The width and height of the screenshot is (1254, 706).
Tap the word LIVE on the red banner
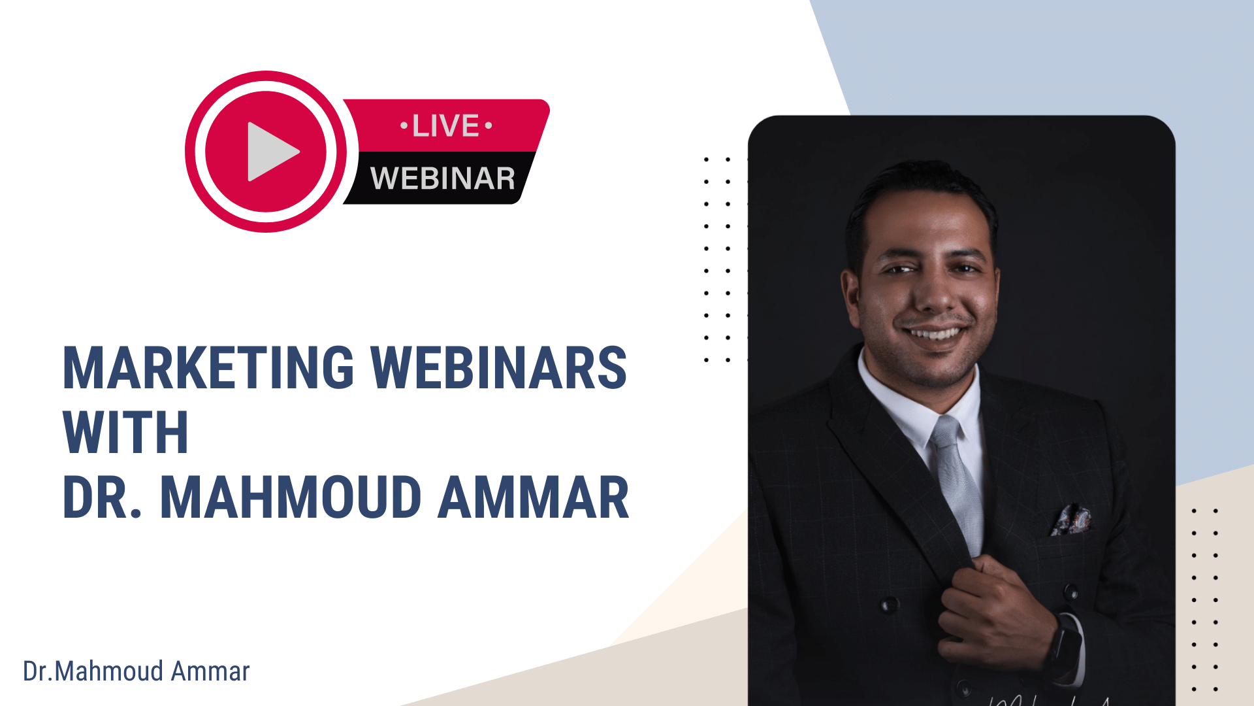(446, 126)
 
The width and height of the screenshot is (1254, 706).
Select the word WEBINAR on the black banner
(443, 178)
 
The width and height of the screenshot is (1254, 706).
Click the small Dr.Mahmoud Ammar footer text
(137, 671)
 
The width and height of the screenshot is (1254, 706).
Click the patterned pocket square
(1070, 520)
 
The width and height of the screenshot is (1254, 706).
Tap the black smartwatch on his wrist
(1063, 644)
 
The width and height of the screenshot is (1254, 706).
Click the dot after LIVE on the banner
(489, 125)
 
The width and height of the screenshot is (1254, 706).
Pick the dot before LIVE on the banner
(404, 125)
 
